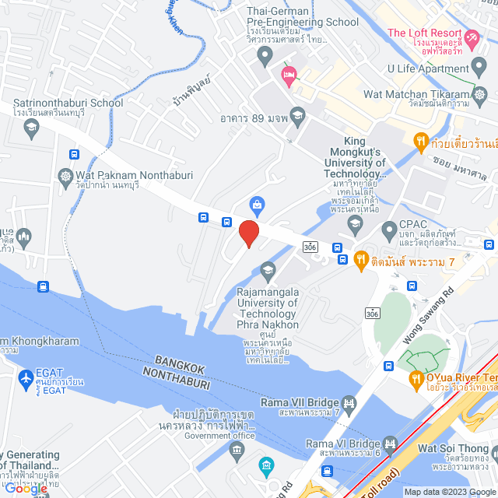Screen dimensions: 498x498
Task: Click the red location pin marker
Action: [248, 233]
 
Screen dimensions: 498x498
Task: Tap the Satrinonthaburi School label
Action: [68, 102]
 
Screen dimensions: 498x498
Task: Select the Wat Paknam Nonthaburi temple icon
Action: [65, 176]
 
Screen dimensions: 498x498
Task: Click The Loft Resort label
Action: [424, 33]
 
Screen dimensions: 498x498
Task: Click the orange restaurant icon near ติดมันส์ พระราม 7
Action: [361, 259]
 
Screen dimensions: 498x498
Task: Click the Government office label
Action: [219, 436]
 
